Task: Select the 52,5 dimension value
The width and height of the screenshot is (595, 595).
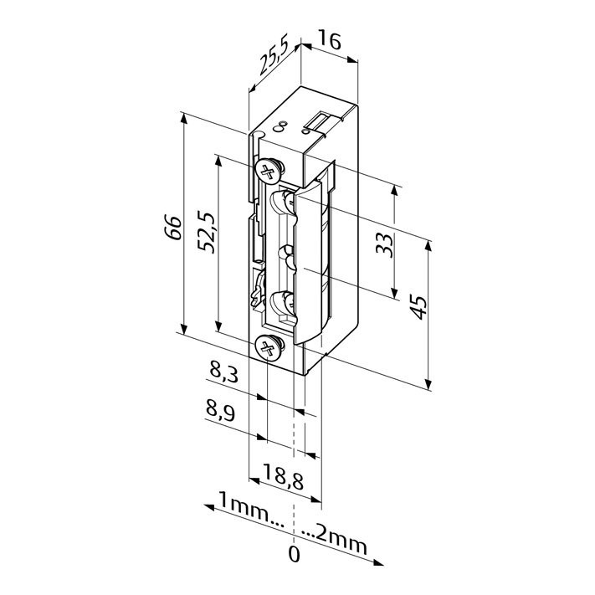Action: coord(208,232)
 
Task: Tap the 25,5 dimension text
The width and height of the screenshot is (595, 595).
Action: coord(274,54)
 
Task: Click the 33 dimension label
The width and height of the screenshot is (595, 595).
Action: coord(384,245)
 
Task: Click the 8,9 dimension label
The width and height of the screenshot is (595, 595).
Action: coord(220,412)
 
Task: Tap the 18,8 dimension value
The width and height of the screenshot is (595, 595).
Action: coord(283,477)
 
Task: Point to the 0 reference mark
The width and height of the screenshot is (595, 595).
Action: coord(294,554)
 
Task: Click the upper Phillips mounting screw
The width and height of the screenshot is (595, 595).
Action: coord(269,171)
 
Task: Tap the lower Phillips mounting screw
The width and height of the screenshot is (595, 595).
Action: coord(269,346)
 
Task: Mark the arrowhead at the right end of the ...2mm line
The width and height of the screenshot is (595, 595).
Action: coord(378,562)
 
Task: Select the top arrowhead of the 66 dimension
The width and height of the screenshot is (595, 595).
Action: coord(183,118)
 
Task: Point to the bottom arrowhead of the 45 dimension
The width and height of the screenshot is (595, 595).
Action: coord(428,384)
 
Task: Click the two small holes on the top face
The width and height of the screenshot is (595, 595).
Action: coord(280,126)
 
